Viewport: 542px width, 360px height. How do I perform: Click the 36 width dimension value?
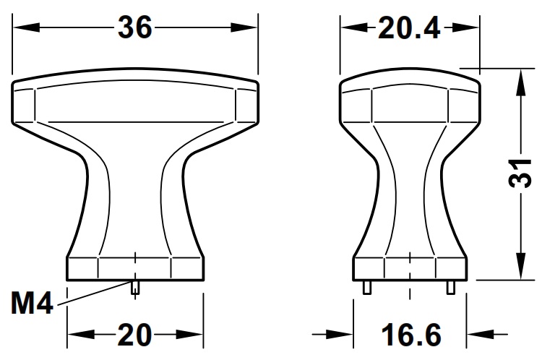pyautogui.click(x=135, y=27)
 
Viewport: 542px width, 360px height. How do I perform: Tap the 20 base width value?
pyautogui.click(x=135, y=335)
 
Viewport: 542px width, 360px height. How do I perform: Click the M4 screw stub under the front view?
pyautogui.click(x=135, y=286)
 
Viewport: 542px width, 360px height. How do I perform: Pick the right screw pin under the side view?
pyautogui.click(x=451, y=286)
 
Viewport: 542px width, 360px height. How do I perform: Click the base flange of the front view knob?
pyautogui.click(x=135, y=268)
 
